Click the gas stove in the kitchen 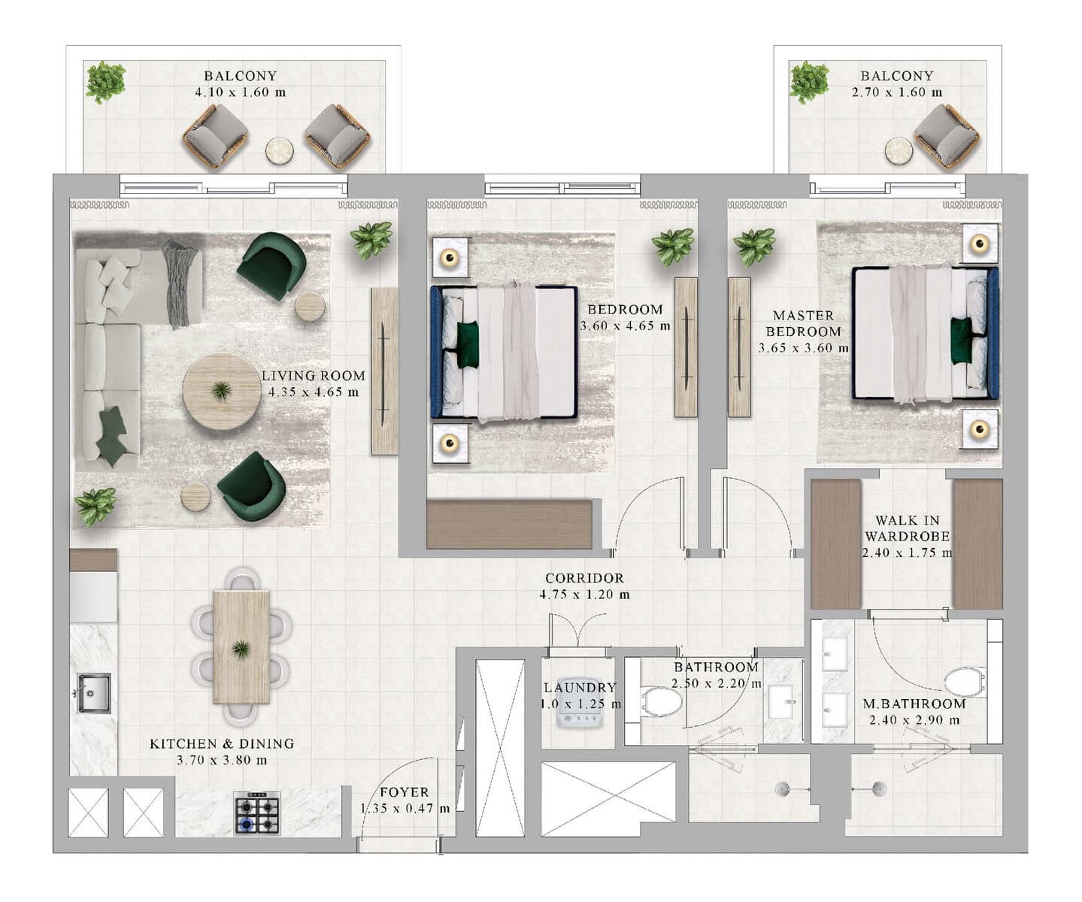pyautogui.click(x=256, y=813)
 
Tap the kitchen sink pyautogui.click(x=94, y=693)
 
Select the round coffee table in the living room pyautogui.click(x=221, y=391)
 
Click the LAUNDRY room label pyautogui.click(x=580, y=688)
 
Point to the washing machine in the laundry pyautogui.click(x=579, y=702)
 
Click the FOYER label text pyautogui.click(x=405, y=792)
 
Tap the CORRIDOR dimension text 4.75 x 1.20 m pyautogui.click(x=584, y=595)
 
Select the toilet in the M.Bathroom pyautogui.click(x=964, y=681)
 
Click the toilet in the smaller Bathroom pyautogui.click(x=662, y=702)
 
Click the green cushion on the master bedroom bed pyautogui.click(x=961, y=334)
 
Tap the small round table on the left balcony pyautogui.click(x=279, y=151)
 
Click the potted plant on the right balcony pyautogui.click(x=809, y=82)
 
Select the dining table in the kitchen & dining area pyautogui.click(x=241, y=647)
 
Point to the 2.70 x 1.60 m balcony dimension pyautogui.click(x=897, y=92)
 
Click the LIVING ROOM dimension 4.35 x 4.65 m pyautogui.click(x=314, y=392)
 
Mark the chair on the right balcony pyautogui.click(x=946, y=137)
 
